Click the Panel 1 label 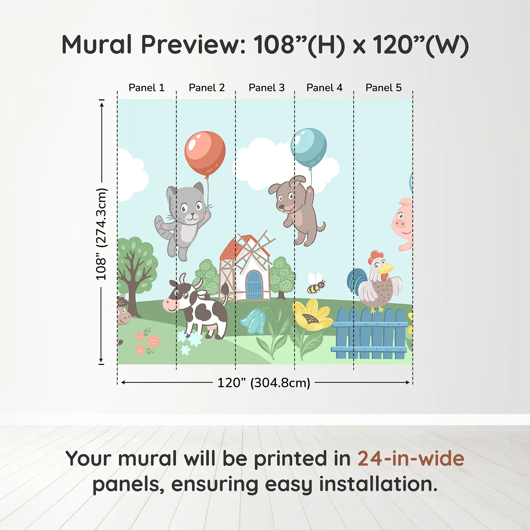pyautogui.click(x=147, y=87)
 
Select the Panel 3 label pyautogui.click(x=266, y=87)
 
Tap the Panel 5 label pyautogui.click(x=383, y=87)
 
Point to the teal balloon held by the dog pyautogui.click(x=309, y=147)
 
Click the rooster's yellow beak pyautogui.click(x=387, y=269)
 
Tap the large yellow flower pyautogui.click(x=311, y=315)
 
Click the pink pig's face pyautogui.click(x=402, y=221)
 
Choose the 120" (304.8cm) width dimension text pyautogui.click(x=263, y=383)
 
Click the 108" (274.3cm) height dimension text pyautogui.click(x=101, y=234)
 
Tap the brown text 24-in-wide pyautogui.click(x=410, y=458)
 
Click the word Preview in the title pyautogui.click(x=193, y=45)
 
